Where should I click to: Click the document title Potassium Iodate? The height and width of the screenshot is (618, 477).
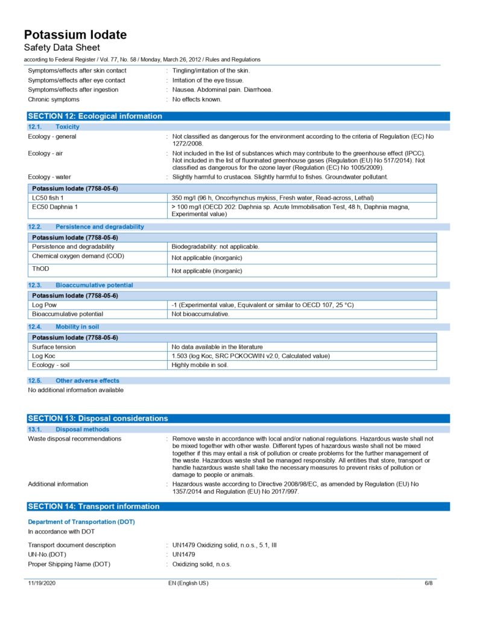pyautogui.click(x=75, y=35)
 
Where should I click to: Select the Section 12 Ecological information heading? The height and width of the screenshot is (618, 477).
pyautogui.click(x=95, y=116)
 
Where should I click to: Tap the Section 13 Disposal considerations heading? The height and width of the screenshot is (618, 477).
pyautogui.click(x=98, y=418)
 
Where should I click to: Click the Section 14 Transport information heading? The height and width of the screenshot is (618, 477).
pyautogui.click(x=94, y=506)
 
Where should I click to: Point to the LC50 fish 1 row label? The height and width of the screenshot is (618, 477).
pyautogui.click(x=48, y=198)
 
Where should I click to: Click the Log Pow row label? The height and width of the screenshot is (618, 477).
pyautogui.click(x=44, y=305)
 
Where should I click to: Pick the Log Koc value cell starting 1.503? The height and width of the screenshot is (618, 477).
pyautogui.click(x=250, y=355)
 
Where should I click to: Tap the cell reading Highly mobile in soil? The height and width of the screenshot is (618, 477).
pyautogui.click(x=200, y=365)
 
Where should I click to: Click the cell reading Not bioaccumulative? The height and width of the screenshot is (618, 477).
pyautogui.click(x=200, y=314)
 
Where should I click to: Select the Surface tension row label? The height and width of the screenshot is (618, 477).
pyautogui.click(x=54, y=346)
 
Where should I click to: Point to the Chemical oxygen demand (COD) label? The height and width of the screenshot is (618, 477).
pyautogui.click(x=78, y=256)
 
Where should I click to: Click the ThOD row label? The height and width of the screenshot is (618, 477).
pyautogui.click(x=40, y=268)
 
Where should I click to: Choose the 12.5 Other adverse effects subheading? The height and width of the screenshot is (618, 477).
pyautogui.click(x=87, y=381)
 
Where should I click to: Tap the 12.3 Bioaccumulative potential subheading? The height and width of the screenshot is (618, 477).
pyautogui.click(x=94, y=285)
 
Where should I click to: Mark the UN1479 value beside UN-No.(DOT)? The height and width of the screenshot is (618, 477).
pyautogui.click(x=184, y=555)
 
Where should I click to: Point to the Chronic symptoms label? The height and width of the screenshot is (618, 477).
pyautogui.click(x=54, y=99)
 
